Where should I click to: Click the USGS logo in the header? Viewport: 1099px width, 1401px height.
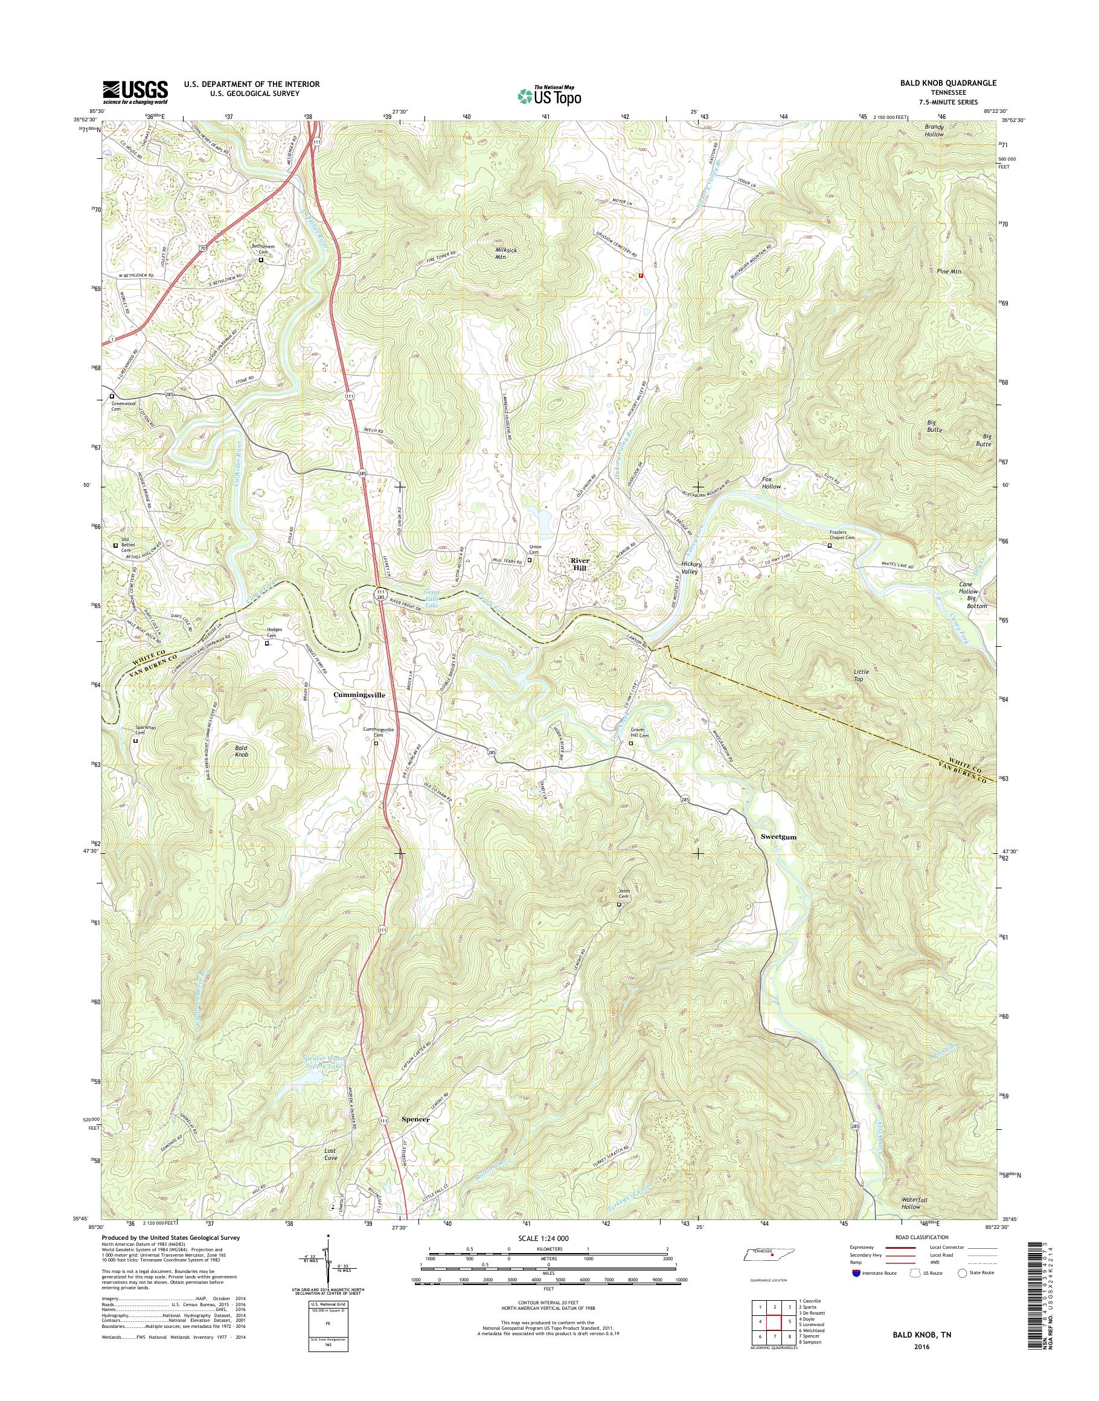click(x=135, y=92)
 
